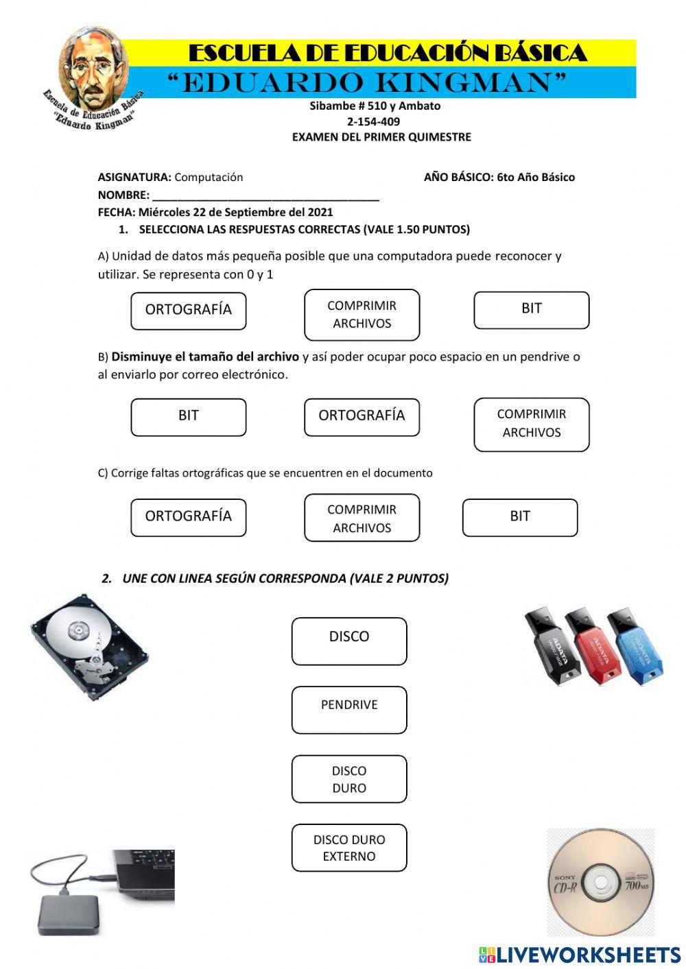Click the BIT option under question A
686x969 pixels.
(x=531, y=309)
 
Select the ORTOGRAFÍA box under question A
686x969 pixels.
(x=188, y=310)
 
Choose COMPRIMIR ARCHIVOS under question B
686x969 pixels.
(x=531, y=424)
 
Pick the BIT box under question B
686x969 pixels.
(x=188, y=416)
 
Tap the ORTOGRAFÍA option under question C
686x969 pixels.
(x=188, y=517)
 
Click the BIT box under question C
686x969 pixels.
(x=519, y=517)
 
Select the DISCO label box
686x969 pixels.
(x=348, y=641)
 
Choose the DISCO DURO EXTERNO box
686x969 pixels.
(x=348, y=848)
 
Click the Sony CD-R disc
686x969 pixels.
(x=601, y=882)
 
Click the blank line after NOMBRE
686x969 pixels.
(x=265, y=195)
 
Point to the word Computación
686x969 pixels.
(x=209, y=177)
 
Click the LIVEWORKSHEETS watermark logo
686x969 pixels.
(x=579, y=954)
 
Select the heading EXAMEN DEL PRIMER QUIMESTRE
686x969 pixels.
(x=381, y=137)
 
